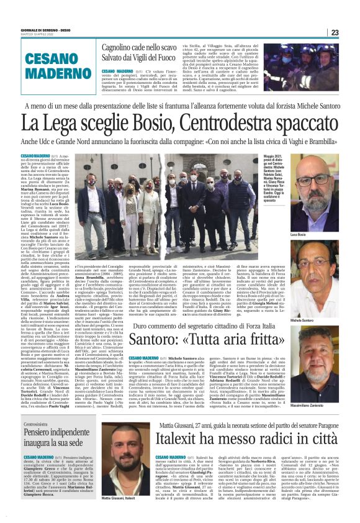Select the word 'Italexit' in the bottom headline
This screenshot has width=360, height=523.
click(x=186, y=438)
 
